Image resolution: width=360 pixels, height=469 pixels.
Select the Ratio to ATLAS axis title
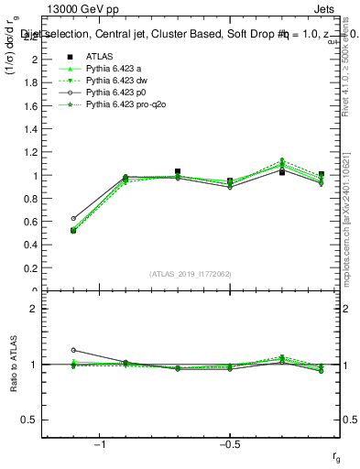point(13,364)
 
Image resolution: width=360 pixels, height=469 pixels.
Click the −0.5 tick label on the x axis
point(229,444)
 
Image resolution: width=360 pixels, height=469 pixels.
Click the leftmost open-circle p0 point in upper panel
point(73,218)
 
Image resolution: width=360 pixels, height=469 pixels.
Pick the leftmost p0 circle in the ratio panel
point(73,350)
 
